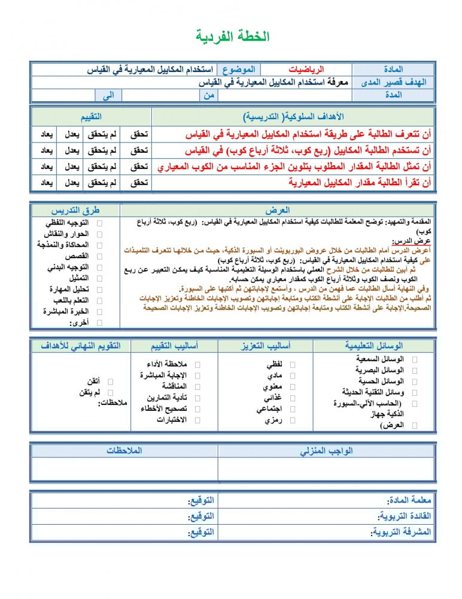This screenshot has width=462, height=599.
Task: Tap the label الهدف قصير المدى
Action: coord(394,83)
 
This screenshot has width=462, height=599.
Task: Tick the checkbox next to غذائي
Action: coord(293,398)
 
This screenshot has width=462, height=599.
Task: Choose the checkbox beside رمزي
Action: coord(293,420)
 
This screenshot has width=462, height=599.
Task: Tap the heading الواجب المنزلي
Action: coord(326,450)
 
